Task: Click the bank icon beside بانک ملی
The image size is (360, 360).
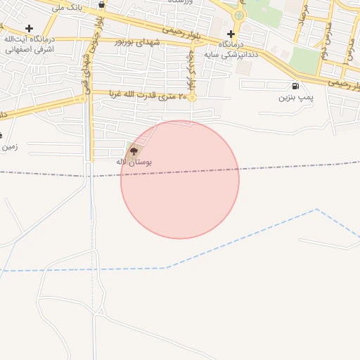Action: coord(103,5)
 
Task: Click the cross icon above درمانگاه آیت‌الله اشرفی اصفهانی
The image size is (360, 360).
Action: coord(29,28)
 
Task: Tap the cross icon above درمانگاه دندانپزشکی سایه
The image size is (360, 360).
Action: coord(231,34)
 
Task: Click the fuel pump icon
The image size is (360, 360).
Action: coord(294,86)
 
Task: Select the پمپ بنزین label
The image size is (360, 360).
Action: coord(293,98)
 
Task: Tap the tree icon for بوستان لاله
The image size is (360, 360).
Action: coord(134,150)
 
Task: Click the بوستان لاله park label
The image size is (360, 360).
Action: coord(134,162)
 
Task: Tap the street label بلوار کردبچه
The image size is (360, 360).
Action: coord(191,72)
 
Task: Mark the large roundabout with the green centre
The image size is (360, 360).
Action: coord(239,14)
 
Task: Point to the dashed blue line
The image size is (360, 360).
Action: coord(105,269)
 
